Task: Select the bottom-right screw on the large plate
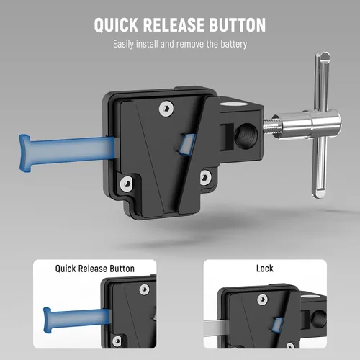pos(204,176)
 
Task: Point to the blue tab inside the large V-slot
pos(185,142)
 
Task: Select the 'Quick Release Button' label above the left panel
pos(94,269)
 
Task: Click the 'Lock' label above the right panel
pos(266,269)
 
